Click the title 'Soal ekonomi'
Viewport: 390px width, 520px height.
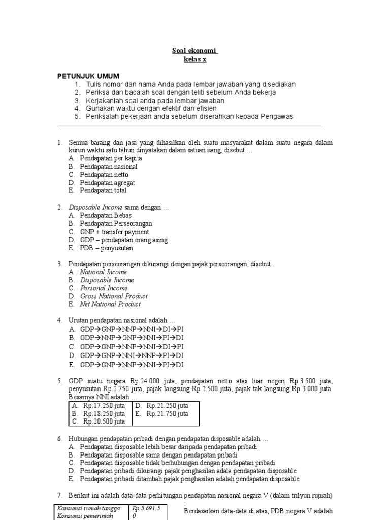(194, 51)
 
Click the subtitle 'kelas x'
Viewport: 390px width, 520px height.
(195, 60)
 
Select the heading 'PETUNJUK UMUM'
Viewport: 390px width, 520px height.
(88, 76)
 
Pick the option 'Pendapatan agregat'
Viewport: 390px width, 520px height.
(107, 183)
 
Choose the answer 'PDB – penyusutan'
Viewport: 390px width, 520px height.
(106, 248)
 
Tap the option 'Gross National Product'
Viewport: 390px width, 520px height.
(114, 296)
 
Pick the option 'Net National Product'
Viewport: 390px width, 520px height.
(110, 304)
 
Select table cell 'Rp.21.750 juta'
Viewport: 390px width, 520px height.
(168, 414)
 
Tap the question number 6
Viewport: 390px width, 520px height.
(59, 438)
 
